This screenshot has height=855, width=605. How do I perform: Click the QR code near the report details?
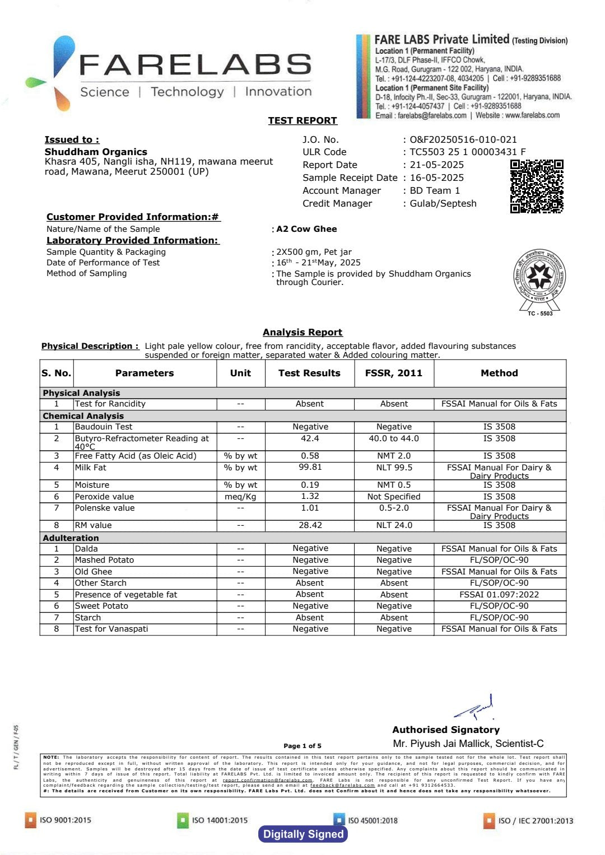536,186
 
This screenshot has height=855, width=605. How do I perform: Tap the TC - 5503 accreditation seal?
539,281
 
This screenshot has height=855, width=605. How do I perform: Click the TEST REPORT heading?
302,120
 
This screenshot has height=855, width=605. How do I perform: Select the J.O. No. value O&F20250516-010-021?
463,139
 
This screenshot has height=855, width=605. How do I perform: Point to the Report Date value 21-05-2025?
437,165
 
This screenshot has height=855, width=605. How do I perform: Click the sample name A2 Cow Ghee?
306,229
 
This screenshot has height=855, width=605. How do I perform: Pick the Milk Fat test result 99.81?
310,467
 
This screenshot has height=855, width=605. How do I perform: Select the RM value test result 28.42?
310,525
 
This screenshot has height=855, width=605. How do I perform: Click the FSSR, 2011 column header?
394,373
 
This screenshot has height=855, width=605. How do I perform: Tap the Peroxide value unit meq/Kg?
240,497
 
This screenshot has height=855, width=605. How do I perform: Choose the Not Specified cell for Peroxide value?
394,497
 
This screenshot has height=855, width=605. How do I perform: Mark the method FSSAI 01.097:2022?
499,595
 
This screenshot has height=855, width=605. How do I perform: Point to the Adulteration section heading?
71,538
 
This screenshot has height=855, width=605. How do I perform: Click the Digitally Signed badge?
303,834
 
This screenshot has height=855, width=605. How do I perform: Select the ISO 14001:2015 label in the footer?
219,820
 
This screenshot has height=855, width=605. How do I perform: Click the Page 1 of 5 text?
302,746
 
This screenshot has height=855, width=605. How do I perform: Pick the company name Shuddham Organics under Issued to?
96,152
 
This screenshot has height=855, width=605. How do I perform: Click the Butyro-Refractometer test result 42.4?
310,438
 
